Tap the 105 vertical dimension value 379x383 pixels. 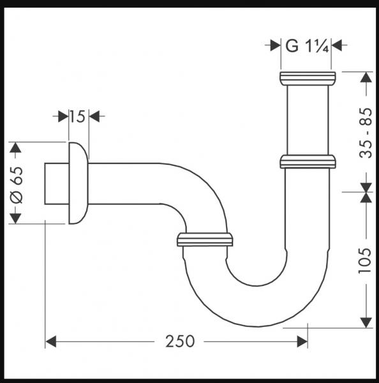click(365, 260)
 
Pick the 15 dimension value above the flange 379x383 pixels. click(77, 117)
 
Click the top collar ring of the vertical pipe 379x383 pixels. click(308, 79)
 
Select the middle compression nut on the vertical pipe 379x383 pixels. click(308, 161)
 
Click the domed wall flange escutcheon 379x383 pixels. click(77, 183)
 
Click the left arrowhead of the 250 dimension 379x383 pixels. click(52, 342)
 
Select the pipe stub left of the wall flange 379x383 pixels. click(56, 184)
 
